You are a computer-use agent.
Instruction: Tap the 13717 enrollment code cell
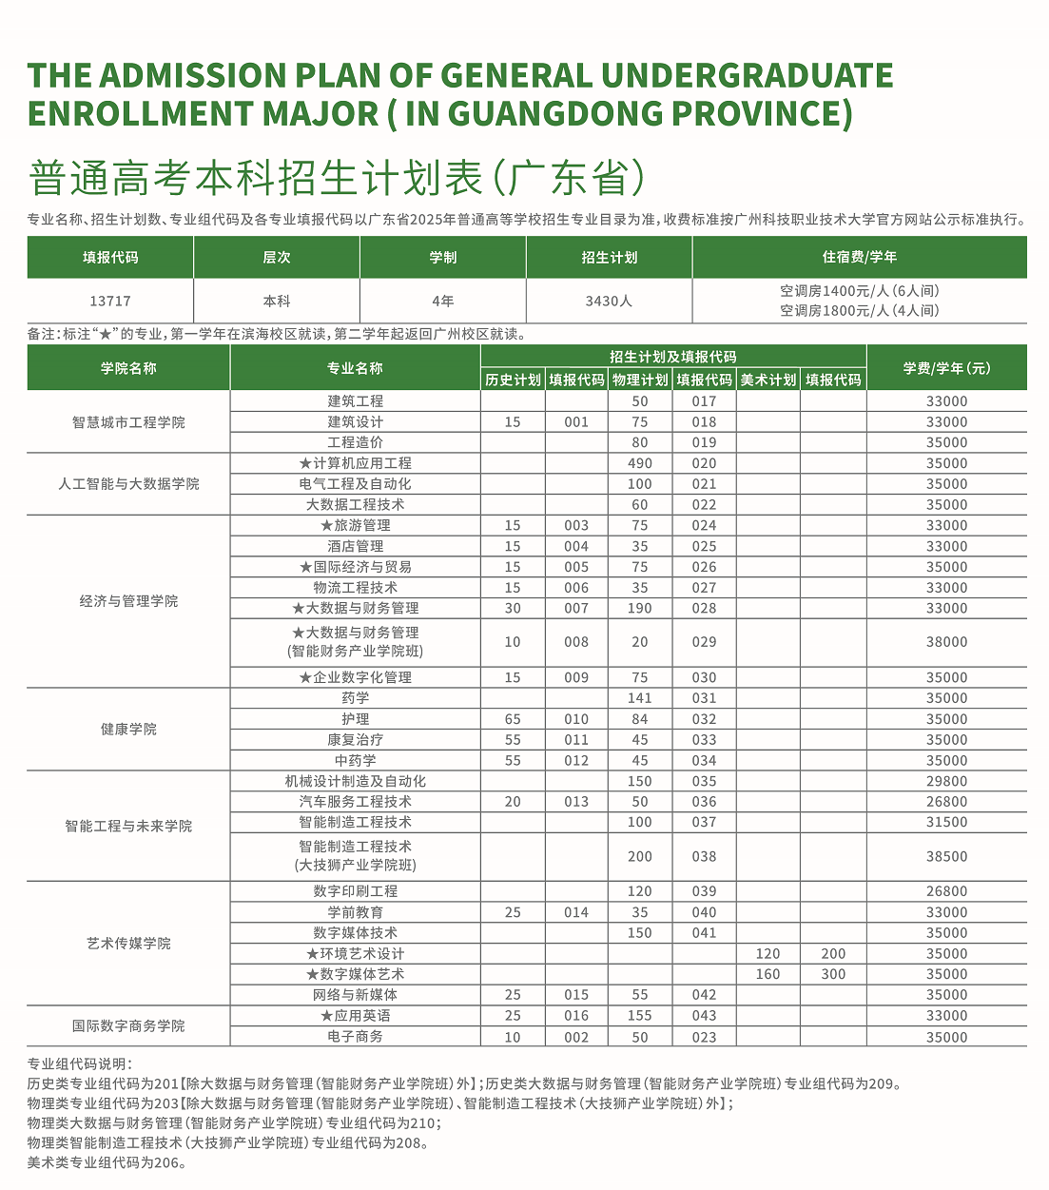[x=110, y=301]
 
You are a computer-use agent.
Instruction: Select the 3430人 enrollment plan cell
[x=609, y=301]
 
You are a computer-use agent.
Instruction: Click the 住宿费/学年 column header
[x=859, y=257]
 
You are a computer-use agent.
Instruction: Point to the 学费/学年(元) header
[x=946, y=368]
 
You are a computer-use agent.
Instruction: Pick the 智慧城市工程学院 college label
[x=128, y=422]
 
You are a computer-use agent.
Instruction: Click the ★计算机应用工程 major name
[x=355, y=463]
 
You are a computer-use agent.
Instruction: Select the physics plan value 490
[x=640, y=463]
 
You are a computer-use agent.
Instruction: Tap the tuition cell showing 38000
[x=946, y=642]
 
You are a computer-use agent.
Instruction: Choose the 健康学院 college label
[x=128, y=730]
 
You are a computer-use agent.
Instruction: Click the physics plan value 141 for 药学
[x=640, y=698]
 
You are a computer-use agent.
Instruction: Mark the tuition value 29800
[x=946, y=781]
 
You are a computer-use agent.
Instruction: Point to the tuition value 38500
[x=946, y=856]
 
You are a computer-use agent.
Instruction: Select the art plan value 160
[x=767, y=974]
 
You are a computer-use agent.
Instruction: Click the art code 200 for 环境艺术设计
[x=833, y=953]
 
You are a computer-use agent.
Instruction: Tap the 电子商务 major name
[x=355, y=1037]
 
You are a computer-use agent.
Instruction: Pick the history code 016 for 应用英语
[x=576, y=1016]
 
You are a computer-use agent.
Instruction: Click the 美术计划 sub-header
[x=767, y=380]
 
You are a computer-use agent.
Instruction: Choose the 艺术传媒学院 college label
[x=128, y=944]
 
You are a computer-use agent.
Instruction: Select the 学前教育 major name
[x=355, y=912]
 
